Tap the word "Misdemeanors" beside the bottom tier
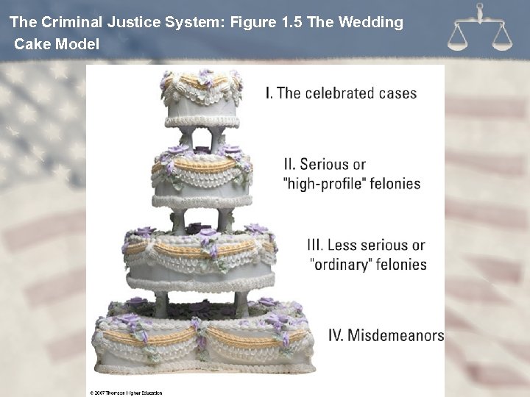(x=395, y=335)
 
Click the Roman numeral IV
(x=336, y=335)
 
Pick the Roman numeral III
(x=314, y=245)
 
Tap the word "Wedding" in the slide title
(x=371, y=22)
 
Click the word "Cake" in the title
(x=32, y=44)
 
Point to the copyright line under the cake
(x=126, y=393)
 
